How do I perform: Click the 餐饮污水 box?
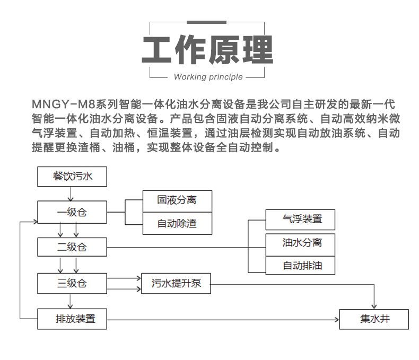click(x=72, y=177)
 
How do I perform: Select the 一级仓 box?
click(x=72, y=212)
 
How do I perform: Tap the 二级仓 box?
click(x=72, y=247)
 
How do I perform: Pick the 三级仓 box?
click(x=72, y=283)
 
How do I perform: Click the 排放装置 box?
click(x=72, y=319)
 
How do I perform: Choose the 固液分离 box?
click(x=177, y=200)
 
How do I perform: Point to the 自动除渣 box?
click(x=177, y=224)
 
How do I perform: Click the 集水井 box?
click(x=374, y=319)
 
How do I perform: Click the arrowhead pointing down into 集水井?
click(x=374, y=306)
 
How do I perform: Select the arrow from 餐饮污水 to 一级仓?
click(x=72, y=194)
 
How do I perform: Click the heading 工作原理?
click(x=208, y=50)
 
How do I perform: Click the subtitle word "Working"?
click(x=190, y=77)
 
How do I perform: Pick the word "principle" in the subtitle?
click(x=225, y=77)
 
